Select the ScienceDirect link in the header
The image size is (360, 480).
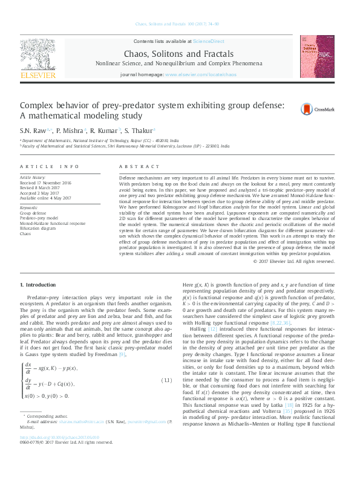tap(208, 41)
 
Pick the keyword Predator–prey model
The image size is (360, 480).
tap(39, 218)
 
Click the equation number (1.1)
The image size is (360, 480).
tap(166, 380)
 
